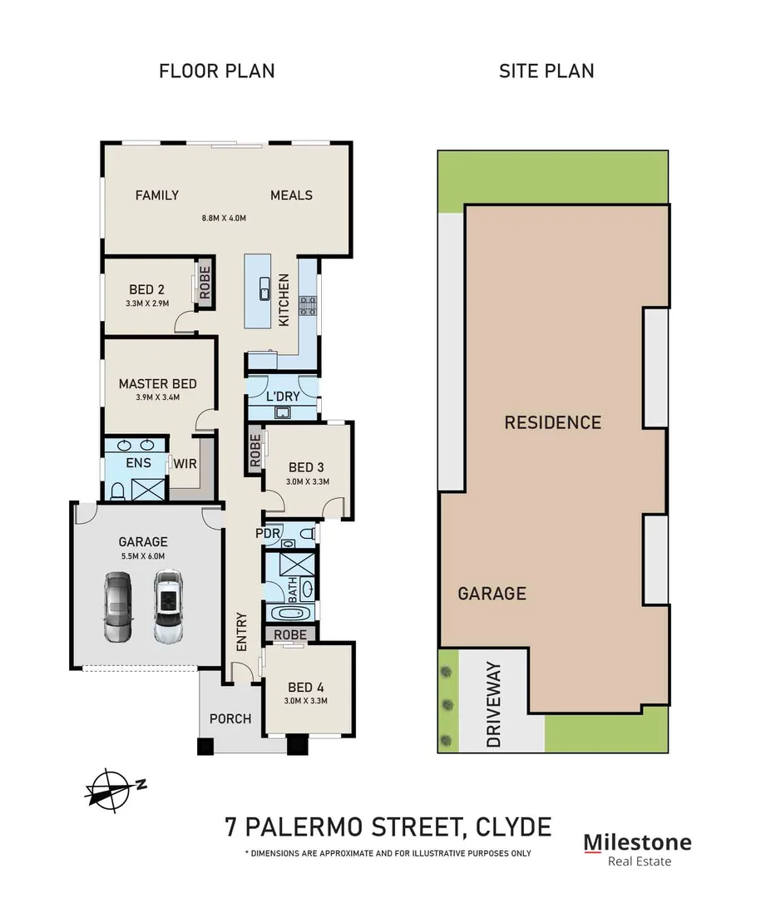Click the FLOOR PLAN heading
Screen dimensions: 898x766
(216, 71)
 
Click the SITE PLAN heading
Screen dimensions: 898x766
(546, 71)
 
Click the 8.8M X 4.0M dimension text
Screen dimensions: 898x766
(224, 219)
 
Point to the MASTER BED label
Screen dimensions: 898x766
(157, 383)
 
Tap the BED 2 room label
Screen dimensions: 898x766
(146, 289)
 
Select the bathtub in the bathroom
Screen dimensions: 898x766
(290, 614)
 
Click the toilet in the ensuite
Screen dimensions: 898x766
(117, 490)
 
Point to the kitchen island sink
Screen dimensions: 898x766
(264, 289)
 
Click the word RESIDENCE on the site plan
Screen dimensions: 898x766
(552, 422)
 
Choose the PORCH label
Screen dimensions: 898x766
(230, 718)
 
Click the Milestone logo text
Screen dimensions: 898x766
(637, 841)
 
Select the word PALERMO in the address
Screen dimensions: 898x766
(333, 827)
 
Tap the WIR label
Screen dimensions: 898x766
(185, 463)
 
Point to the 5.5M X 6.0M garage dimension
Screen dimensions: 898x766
(145, 557)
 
